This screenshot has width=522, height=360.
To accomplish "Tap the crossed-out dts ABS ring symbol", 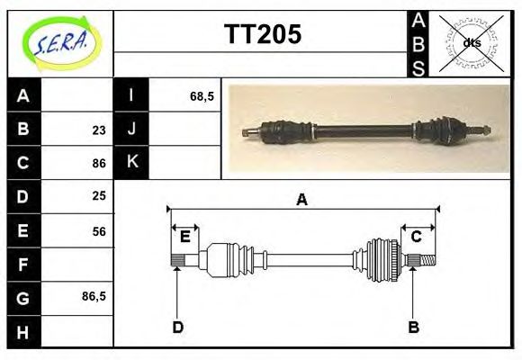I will tap(471, 42).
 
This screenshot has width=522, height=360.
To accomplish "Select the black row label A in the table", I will tap(23, 96).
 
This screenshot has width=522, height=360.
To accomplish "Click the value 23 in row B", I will tap(99, 130).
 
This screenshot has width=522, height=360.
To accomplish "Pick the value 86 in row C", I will tap(99, 163).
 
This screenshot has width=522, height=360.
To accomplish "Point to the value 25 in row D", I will tap(99, 195).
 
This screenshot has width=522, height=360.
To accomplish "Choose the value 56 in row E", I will tap(99, 230).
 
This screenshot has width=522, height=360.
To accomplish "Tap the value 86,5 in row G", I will tap(94, 295).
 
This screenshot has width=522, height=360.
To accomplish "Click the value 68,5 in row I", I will tap(202, 96).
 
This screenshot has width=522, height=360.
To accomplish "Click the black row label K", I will tap(131, 163).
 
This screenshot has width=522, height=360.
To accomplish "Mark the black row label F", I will tap(23, 264).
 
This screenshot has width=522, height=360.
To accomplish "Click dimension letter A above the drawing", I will tap(302, 200).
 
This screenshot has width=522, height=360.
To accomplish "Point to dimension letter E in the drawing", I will tap(184, 237).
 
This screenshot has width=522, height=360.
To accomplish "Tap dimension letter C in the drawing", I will tap(417, 237).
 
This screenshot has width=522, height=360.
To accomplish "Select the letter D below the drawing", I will tap(177, 327).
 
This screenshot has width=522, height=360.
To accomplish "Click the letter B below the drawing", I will tap(413, 327).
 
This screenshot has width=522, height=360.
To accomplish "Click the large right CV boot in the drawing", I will tap(382, 260).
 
